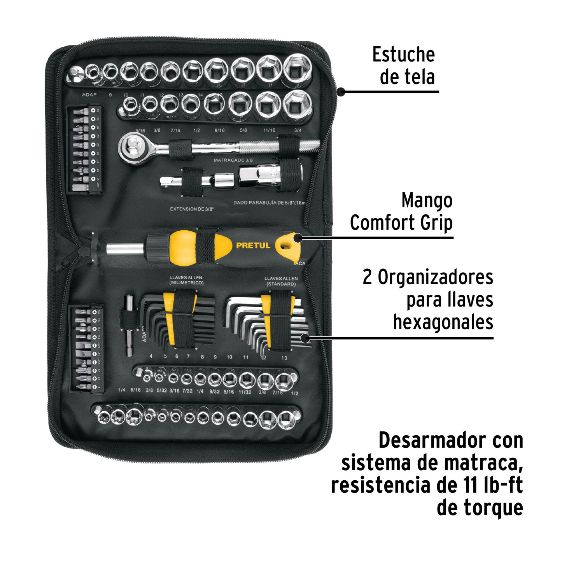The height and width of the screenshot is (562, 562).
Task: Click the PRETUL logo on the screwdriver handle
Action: (253, 245)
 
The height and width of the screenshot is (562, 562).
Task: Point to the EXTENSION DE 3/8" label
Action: (192, 209)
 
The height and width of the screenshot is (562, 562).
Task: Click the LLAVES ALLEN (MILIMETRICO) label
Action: (186, 280)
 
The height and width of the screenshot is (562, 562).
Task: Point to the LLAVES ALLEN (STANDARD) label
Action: (281, 281)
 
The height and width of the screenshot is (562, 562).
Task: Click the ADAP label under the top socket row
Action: (89, 95)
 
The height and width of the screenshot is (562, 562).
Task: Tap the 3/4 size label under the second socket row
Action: (298, 130)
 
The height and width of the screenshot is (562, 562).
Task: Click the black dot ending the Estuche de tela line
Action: (341, 92)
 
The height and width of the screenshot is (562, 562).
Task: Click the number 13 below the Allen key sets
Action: (284, 358)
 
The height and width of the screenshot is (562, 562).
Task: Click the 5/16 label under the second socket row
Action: (140, 131)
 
